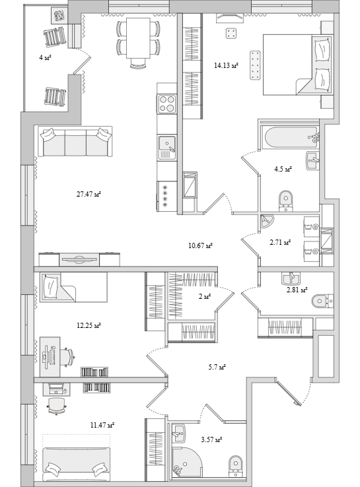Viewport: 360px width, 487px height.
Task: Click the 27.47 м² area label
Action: tap(89, 195)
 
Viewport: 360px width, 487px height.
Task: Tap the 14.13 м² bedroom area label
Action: tap(226, 65)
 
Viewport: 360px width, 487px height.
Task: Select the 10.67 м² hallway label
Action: tap(201, 245)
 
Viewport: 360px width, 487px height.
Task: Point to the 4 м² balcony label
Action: tap(45, 57)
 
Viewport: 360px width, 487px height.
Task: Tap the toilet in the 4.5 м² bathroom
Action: tap(286, 201)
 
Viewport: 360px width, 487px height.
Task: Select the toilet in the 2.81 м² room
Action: tap(322, 301)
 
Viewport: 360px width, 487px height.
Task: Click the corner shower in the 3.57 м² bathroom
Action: tap(186, 461)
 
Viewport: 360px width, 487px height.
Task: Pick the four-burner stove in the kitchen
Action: tap(167, 104)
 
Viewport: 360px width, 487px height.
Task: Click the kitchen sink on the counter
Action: tap(167, 148)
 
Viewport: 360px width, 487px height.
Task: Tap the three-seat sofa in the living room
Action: tap(75, 142)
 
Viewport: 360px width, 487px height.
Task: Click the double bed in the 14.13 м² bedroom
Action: tap(297, 64)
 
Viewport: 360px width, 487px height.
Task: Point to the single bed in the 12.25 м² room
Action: tap(73, 287)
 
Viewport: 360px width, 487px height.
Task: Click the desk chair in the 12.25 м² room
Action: tap(68, 357)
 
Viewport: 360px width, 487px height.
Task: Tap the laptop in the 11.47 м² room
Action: tap(56, 388)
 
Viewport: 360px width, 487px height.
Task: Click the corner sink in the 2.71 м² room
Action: tap(267, 221)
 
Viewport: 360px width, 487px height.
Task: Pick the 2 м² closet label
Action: tap(205, 296)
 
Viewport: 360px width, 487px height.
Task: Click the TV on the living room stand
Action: tap(79, 259)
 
